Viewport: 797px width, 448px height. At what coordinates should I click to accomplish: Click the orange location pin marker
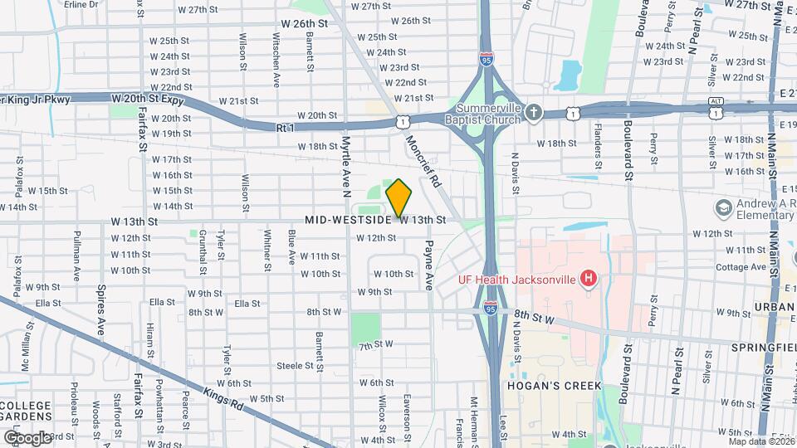(398, 198)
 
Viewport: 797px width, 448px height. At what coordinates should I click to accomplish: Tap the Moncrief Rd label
(423, 160)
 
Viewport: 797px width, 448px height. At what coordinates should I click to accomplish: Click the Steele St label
(295, 365)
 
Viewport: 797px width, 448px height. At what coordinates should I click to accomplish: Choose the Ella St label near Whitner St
(247, 304)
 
